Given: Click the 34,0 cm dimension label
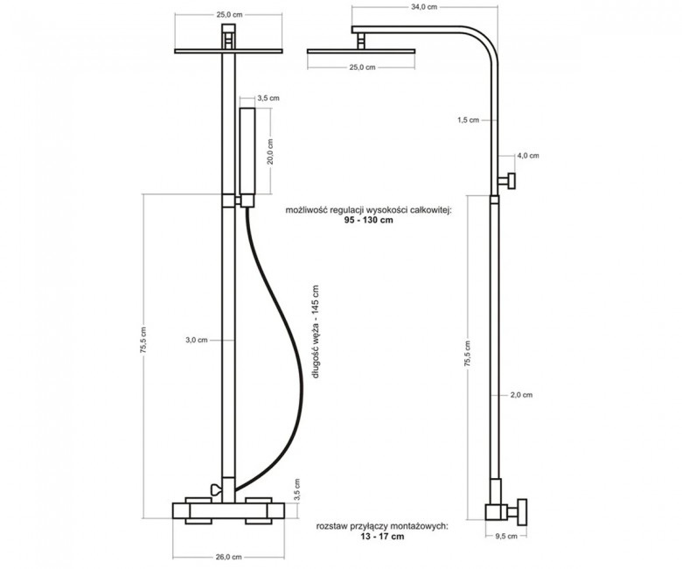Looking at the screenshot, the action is [424, 6].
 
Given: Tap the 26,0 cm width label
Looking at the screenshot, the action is [228, 557].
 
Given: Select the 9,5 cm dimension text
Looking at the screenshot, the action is [506, 537].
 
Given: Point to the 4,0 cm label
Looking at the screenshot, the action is [527, 156].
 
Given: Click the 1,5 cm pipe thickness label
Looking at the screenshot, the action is [468, 120].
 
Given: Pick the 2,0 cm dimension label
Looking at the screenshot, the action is [521, 395].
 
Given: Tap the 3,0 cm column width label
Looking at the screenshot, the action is [197, 340].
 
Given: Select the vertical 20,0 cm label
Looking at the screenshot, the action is [270, 151].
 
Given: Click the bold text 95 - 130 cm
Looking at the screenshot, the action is [369, 220].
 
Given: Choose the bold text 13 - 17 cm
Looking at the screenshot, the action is [382, 537].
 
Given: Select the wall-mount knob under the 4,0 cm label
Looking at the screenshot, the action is [508, 180].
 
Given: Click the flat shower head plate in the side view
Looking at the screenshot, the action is [361, 52].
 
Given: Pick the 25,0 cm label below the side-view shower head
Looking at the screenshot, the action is [362, 67].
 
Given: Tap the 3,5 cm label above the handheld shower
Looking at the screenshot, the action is [268, 98].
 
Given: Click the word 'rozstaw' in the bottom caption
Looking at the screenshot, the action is [331, 526].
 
